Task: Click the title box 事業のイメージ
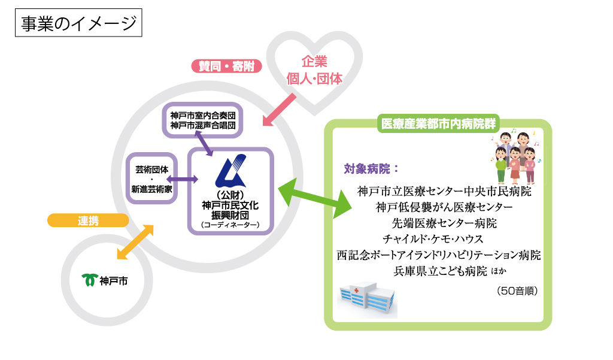click(x=78, y=23)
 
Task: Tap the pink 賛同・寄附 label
click(x=226, y=66)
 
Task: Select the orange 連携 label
click(x=88, y=220)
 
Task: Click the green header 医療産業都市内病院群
click(x=438, y=123)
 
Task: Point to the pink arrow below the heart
click(x=279, y=110)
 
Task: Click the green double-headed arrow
click(x=315, y=198)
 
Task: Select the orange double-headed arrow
click(x=135, y=242)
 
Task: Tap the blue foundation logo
click(x=230, y=171)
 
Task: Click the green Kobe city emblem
click(x=90, y=280)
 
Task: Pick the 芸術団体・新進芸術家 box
click(x=151, y=179)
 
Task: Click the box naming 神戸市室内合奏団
click(x=202, y=120)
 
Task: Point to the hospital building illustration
click(x=367, y=299)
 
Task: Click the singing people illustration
click(x=515, y=156)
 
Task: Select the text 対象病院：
click(x=371, y=169)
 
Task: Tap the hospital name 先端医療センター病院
click(x=444, y=223)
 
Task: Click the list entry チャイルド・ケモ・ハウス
click(x=433, y=238)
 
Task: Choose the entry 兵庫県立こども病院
click(x=440, y=271)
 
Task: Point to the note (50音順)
click(x=517, y=291)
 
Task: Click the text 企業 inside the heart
click(x=314, y=62)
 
